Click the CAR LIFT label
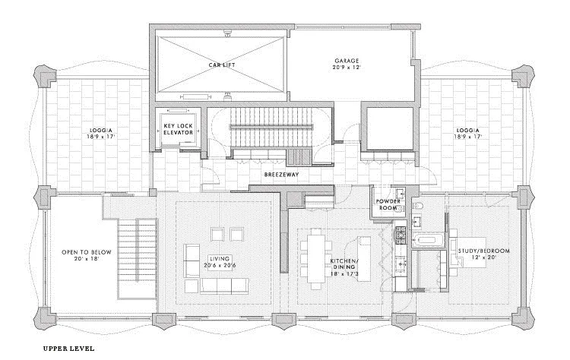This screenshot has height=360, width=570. (x=221, y=65)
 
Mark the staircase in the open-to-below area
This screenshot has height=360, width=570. (x=138, y=263)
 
